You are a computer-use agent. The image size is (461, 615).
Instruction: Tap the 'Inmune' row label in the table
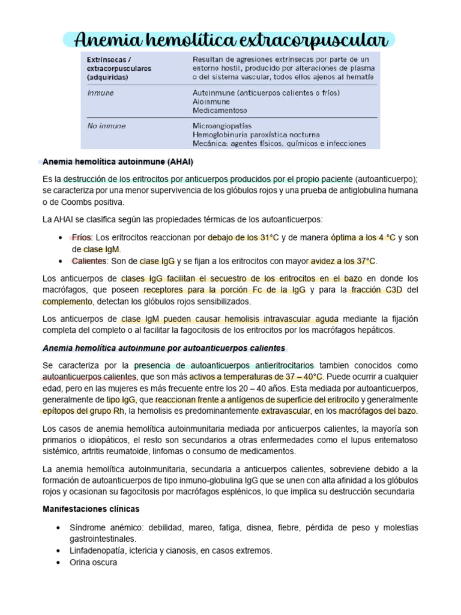coord(100,93)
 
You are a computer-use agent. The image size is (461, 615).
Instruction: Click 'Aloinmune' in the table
coord(210,102)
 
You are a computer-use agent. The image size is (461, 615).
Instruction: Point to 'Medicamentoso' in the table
coord(220,111)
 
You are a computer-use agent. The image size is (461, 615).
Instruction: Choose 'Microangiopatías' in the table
coord(223,126)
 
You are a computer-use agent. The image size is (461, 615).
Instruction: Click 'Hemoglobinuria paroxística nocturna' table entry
coord(256,135)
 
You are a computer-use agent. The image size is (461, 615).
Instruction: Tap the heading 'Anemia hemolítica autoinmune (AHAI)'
coord(118,163)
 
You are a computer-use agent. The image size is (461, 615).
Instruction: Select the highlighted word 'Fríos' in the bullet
coord(82,238)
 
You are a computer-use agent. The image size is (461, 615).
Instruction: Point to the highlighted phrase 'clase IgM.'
coord(102,249)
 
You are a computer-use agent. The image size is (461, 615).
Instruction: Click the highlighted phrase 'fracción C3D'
coord(381,290)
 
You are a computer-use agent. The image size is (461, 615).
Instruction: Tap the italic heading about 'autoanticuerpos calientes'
coord(164,348)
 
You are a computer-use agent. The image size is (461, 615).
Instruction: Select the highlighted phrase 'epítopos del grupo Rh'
coord(85,411)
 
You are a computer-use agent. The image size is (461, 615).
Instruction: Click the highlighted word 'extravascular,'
coord(286,411)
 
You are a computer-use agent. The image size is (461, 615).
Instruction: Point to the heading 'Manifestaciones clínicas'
coord(91,509)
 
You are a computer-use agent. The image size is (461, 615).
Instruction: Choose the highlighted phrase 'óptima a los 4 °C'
coord(363,238)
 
